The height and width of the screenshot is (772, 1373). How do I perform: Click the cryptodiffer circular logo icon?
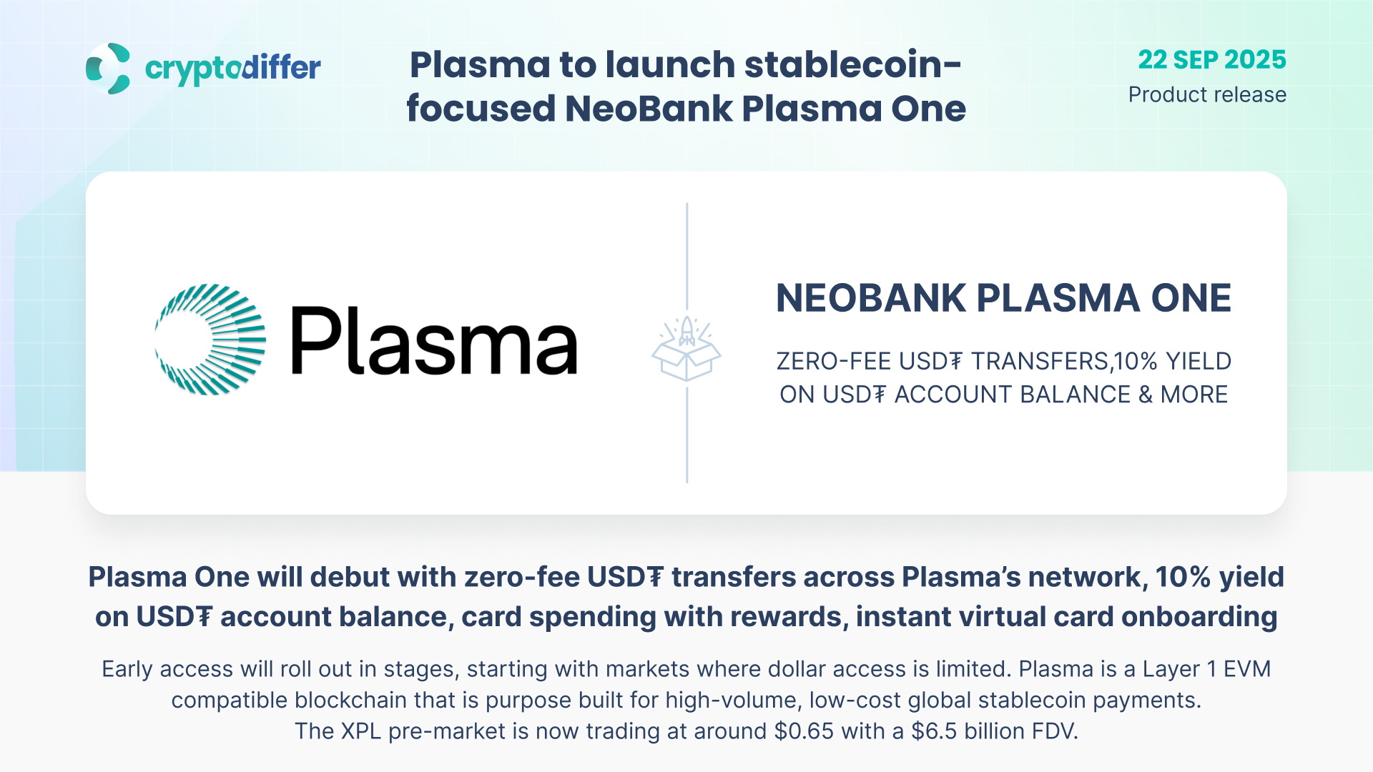(108, 69)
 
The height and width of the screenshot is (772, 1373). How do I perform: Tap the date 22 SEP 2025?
(1212, 59)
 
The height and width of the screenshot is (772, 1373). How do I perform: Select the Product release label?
(1207, 94)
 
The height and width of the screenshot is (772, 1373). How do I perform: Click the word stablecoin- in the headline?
(853, 64)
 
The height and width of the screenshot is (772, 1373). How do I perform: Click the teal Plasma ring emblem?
(211, 340)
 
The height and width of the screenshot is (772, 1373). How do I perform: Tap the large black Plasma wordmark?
(434, 340)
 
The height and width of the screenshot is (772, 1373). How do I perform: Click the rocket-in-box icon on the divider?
(686, 349)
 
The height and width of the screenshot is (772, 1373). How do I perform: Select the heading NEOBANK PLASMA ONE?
(1003, 298)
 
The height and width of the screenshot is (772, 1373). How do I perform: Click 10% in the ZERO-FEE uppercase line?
(1136, 361)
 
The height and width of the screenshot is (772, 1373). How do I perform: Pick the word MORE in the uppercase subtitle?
(1194, 395)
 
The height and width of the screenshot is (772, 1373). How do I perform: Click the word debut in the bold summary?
(423, 577)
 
